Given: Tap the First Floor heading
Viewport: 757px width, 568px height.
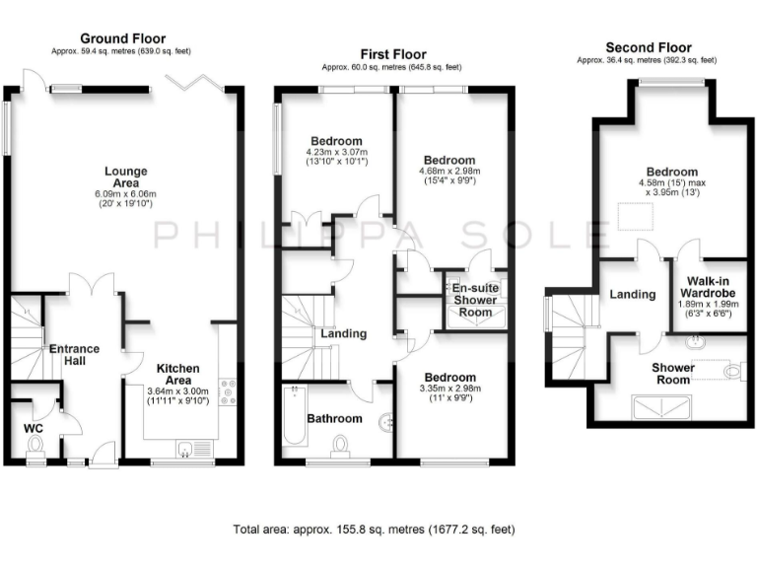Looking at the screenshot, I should tap(391, 55).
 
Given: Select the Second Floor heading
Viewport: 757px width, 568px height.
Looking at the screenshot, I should tap(648, 46).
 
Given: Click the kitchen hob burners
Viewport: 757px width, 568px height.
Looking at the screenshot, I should tap(229, 391).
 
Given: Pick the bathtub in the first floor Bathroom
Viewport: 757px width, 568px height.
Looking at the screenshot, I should tap(293, 415).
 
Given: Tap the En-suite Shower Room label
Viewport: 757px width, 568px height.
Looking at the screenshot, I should tap(471, 300).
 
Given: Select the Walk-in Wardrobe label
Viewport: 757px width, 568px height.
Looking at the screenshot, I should tap(712, 287).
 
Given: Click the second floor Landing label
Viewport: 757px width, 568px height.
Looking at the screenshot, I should tap(632, 294).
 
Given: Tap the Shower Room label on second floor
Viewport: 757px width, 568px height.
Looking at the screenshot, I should tap(673, 375).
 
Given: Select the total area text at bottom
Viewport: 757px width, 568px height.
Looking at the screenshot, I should tap(374, 530).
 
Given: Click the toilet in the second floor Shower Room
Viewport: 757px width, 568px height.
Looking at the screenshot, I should tap(730, 371).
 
